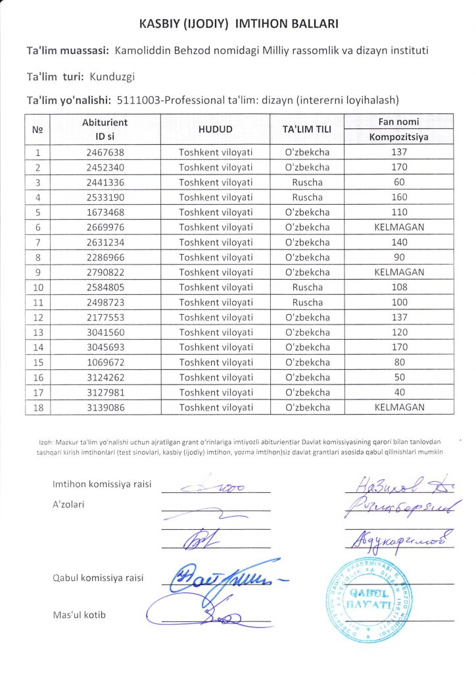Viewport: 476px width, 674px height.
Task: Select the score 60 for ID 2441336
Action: (398, 182)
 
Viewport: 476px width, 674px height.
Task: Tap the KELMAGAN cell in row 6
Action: (398, 227)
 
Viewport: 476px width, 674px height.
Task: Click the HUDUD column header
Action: (216, 129)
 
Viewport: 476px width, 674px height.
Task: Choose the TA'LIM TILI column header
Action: (306, 129)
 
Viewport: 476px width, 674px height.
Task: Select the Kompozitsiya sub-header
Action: (398, 137)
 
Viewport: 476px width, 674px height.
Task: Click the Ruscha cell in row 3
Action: (306, 182)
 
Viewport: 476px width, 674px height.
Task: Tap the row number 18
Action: (37, 407)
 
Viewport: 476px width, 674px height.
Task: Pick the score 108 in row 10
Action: (398, 287)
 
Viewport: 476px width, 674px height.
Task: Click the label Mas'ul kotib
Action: (79, 615)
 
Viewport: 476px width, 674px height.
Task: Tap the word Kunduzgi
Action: (111, 76)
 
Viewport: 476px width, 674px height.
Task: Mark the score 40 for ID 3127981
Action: (398, 392)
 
